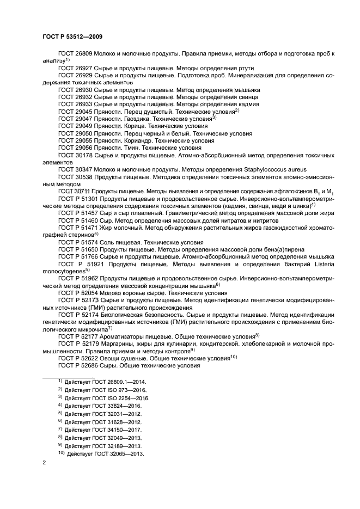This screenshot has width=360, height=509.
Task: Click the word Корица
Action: click(x=132, y=125)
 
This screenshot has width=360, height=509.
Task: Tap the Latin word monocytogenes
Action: click(x=63, y=270)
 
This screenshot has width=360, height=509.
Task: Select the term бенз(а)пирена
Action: click(x=263, y=248)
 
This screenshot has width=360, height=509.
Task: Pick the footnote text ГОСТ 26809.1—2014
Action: click(x=119, y=382)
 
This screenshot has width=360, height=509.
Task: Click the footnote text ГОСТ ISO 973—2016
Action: click(x=120, y=390)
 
